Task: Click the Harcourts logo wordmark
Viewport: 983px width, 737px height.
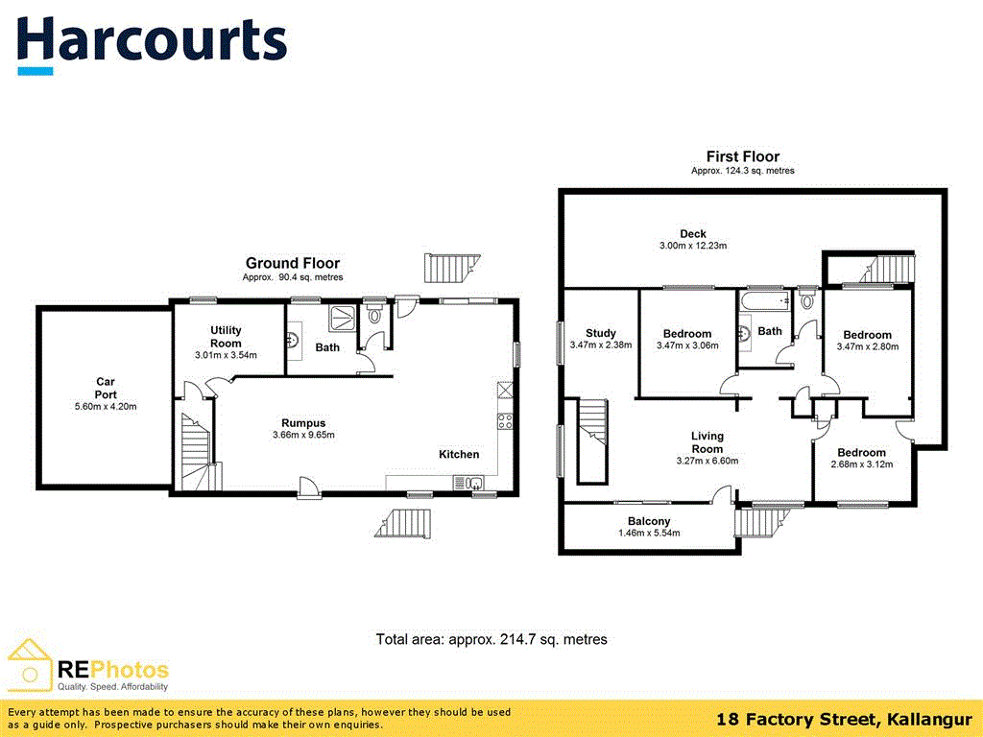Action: (x=152, y=41)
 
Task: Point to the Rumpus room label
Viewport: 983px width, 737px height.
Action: (x=302, y=422)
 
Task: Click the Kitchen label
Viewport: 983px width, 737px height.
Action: (x=459, y=454)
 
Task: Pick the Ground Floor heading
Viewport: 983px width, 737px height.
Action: (x=292, y=263)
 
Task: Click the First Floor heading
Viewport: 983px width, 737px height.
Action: (x=742, y=156)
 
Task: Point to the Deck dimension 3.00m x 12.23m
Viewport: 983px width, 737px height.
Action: (x=692, y=246)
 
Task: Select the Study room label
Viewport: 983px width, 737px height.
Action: (x=600, y=333)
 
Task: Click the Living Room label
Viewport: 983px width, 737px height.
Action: (x=707, y=442)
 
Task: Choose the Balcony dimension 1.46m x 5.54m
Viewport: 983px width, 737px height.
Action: (x=650, y=533)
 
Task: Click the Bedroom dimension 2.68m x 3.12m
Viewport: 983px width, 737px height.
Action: (x=860, y=464)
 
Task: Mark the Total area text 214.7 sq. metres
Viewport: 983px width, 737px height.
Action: (x=491, y=639)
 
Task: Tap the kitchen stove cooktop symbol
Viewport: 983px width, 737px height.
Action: (x=504, y=420)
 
